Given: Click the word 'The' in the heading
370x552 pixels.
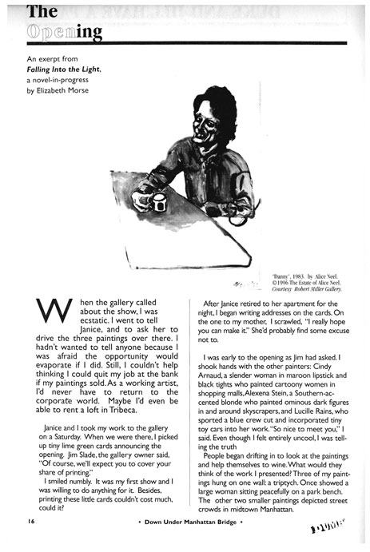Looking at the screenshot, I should (40, 11).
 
